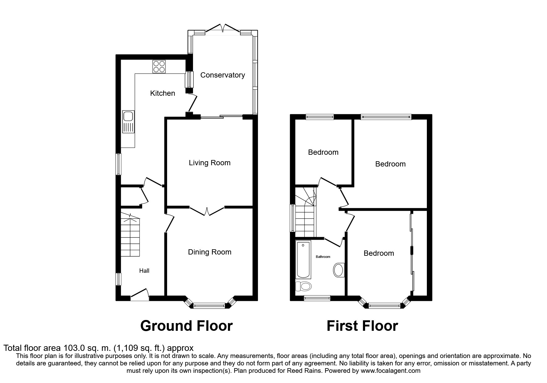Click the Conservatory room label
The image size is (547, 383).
click(x=222, y=75)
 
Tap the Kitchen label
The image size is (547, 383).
click(x=162, y=93)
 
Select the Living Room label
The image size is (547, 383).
click(x=210, y=163)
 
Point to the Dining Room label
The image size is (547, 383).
click(x=210, y=252)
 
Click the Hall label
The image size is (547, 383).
click(x=144, y=271)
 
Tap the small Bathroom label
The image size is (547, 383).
click(x=323, y=257)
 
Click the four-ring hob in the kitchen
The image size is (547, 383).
click(x=159, y=66)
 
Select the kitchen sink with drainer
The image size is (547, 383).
click(x=128, y=122)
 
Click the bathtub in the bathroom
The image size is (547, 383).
click(x=303, y=260)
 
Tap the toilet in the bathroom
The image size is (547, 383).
click(x=303, y=286)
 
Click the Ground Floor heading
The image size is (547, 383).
click(x=186, y=326)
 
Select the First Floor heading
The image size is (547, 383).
click(x=362, y=326)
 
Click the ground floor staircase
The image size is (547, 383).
click(x=130, y=235)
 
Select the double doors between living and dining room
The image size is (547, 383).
click(x=207, y=211)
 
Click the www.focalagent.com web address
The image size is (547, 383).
click(x=390, y=371)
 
